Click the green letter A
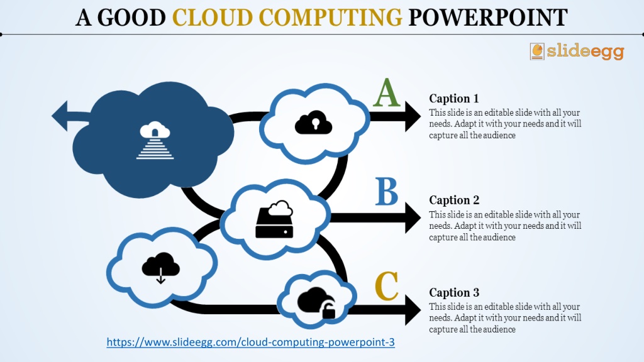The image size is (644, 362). (387, 93)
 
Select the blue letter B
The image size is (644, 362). (387, 192)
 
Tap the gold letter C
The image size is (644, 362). (387, 286)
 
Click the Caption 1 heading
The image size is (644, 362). (454, 99)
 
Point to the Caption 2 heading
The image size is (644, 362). (454, 200)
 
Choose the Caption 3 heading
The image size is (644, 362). (454, 292)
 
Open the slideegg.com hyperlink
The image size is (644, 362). (250, 343)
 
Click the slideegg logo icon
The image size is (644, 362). (537, 52)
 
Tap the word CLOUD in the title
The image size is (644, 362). (213, 18)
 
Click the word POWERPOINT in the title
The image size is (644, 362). (488, 18)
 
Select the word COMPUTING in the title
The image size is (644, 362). (331, 18)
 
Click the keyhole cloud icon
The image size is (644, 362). (313, 123)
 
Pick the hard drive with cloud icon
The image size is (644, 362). (274, 219)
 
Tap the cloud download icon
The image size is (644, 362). (160, 268)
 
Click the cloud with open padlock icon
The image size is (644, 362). (316, 303)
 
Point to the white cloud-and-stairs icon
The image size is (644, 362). (155, 140)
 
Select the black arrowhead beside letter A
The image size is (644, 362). (413, 116)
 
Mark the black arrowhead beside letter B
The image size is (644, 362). (413, 217)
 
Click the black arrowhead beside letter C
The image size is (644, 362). (413, 310)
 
